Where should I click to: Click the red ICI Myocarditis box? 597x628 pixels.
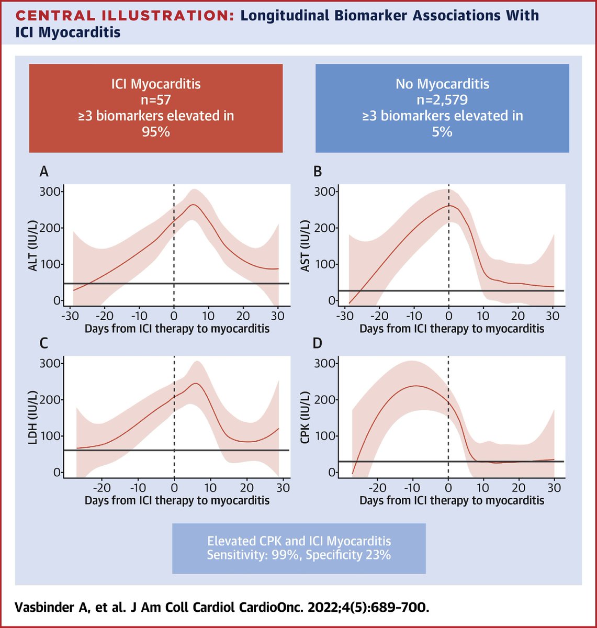(156, 108)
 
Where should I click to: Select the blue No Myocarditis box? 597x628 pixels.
(442, 108)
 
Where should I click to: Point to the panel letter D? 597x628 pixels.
(318, 344)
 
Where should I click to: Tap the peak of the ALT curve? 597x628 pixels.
(193, 205)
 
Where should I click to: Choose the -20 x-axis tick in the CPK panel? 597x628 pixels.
(377, 488)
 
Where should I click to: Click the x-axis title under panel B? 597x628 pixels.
(452, 329)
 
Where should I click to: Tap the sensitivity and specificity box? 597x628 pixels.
(299, 548)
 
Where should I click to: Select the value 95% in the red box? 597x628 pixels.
(156, 131)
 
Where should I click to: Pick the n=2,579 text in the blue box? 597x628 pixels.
(442, 99)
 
